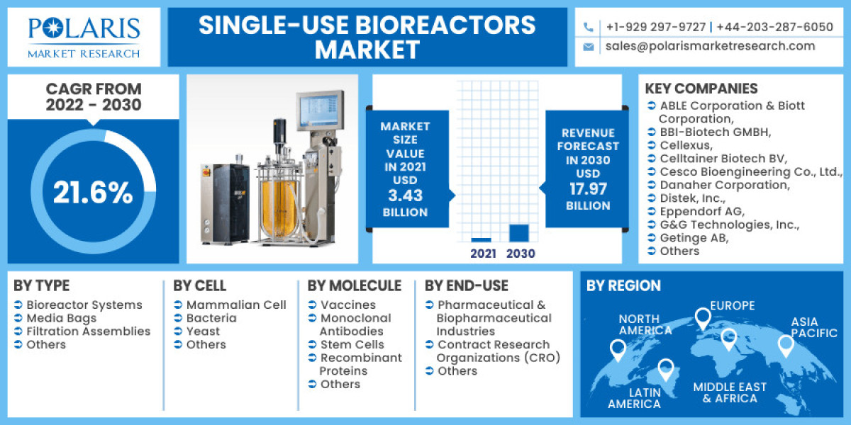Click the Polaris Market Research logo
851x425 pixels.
coord(84,37)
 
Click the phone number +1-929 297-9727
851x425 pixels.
coord(655,27)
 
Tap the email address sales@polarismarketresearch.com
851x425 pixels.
coord(710,46)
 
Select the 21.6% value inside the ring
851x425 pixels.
coord(93,193)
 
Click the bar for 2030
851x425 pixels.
coord(519,233)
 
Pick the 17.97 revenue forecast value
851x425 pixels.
coord(588,189)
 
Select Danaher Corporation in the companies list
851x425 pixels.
coord(724,185)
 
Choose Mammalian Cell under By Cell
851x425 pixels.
coord(236,305)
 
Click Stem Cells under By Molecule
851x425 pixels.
coord(352,344)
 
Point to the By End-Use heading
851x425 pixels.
coord(467,285)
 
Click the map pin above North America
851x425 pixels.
coord(618,348)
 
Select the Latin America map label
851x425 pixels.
coord(634,397)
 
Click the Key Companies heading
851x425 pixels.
coord(701,89)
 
